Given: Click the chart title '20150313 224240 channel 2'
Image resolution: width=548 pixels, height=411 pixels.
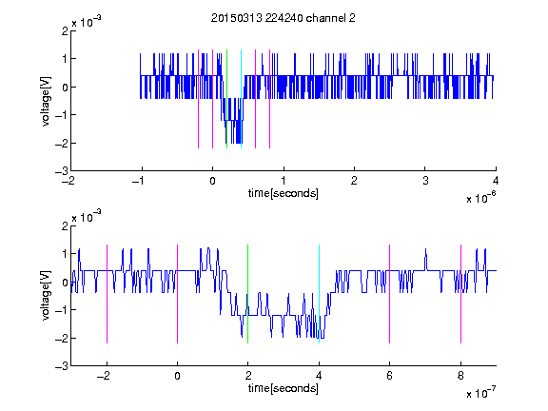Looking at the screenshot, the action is [284, 18].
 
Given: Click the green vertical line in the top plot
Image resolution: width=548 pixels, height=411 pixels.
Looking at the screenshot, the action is [226, 99].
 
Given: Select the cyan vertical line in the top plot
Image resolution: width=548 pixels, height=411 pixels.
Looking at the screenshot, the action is [241, 99].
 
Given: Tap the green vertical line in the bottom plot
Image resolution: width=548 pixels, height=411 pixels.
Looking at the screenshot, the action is [247, 294].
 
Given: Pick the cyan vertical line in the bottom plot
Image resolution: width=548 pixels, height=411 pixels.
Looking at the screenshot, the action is [319, 294].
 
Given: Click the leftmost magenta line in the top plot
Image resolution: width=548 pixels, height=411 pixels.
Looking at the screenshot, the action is [198, 99].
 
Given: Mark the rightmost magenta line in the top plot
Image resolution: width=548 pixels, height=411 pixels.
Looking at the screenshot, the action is [269, 99].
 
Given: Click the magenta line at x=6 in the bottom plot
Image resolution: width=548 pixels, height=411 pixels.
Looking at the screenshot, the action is [390, 294].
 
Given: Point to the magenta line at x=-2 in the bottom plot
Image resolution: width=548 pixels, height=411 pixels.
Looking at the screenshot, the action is [107, 294].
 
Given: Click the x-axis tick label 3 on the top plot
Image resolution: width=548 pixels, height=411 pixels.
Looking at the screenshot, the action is [425, 181].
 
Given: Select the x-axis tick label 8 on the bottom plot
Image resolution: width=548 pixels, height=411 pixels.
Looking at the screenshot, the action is [460, 376].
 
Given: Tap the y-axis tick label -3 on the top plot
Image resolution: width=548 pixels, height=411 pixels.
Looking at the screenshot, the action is [62, 171].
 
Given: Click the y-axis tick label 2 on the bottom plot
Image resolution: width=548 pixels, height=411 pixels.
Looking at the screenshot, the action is [65, 226].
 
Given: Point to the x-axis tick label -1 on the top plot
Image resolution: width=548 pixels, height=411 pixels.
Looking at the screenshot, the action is [138, 181].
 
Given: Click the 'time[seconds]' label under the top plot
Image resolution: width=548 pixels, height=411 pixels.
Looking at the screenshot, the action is [284, 193].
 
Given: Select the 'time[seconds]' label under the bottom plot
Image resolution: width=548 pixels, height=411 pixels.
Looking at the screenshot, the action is [284, 388].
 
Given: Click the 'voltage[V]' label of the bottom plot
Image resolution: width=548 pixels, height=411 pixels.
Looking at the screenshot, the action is [46, 296].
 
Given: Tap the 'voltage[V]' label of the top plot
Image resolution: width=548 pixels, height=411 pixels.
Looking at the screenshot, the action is [46, 101].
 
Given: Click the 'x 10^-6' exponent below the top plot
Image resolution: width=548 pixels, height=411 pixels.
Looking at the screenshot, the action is [481, 198].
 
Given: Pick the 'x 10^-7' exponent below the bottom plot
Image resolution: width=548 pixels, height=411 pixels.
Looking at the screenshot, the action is [481, 393].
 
